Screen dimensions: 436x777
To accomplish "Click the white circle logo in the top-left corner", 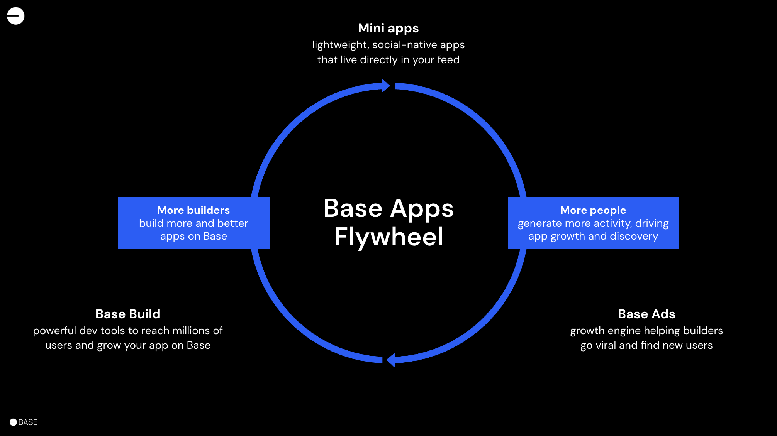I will (15, 16).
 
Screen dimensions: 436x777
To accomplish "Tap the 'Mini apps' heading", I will (388, 28).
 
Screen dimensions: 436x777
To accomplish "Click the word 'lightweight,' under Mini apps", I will (339, 45).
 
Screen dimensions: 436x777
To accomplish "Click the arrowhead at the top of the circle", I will (385, 85).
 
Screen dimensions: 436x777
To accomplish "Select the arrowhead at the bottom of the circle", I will (391, 360).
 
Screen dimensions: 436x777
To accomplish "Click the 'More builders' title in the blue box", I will (193, 210).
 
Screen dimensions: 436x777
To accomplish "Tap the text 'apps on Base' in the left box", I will (193, 236).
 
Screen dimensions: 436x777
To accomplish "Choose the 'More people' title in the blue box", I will (593, 210).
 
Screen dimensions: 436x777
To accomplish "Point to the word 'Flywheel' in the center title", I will (388, 237).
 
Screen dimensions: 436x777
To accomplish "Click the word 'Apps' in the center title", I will (422, 209).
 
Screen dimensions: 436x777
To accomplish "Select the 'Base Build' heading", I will (128, 314).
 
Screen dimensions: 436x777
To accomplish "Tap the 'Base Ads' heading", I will (646, 314).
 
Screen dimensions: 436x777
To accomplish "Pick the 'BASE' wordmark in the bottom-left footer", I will (28, 422).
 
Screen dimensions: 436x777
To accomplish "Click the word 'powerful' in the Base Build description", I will (54, 331).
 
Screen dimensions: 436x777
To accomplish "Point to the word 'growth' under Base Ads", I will (587, 331).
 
